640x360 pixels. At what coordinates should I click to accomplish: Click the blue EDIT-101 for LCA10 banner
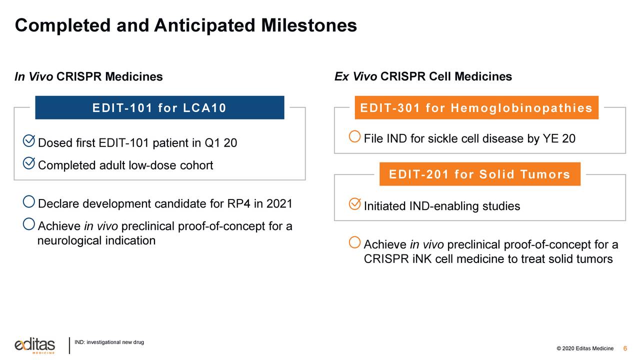coord(159,107)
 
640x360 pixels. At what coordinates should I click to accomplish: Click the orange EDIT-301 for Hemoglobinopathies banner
coord(476,107)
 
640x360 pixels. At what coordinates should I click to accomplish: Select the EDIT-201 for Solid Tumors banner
coord(479,174)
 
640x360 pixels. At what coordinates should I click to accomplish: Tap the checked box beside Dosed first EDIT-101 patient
coord(29,141)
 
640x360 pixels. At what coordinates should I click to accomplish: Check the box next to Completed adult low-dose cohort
coord(29,163)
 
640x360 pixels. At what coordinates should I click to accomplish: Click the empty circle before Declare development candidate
coord(29,202)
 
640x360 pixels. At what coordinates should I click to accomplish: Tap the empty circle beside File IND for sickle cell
coord(354,136)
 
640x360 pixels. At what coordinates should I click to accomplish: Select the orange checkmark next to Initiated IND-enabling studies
coord(354,204)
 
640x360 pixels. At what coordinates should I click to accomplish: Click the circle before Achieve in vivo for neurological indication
coord(29,224)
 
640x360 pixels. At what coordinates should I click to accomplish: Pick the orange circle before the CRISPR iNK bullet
coord(354,242)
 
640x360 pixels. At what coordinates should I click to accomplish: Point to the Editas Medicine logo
coord(34,345)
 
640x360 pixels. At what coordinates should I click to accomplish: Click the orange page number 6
coord(625,348)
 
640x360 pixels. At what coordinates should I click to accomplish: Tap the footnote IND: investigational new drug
coord(109,342)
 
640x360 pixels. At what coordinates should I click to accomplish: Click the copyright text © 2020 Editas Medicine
coord(584,348)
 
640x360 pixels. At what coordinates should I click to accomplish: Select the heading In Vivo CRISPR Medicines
coord(88,77)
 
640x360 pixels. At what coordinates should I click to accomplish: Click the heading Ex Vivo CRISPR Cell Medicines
coord(423,77)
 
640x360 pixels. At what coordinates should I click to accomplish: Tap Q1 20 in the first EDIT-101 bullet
coord(220,143)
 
